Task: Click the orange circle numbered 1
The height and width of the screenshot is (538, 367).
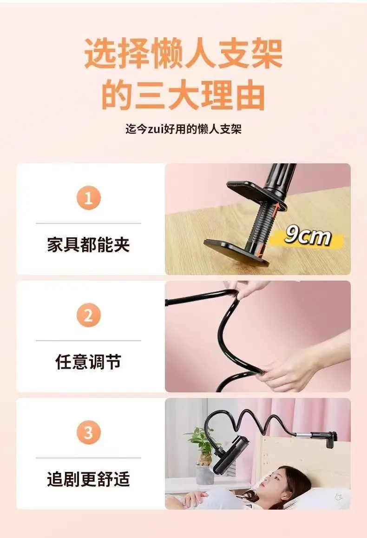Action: coord(89,198)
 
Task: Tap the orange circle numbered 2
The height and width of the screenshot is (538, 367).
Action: coord(89,315)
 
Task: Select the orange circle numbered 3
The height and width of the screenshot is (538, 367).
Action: coord(89,432)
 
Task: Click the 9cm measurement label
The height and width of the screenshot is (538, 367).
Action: coord(308,236)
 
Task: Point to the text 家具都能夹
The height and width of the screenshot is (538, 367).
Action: coord(88,245)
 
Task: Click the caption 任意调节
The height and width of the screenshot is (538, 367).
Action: coord(88,362)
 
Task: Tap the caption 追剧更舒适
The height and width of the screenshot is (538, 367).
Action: coord(88,479)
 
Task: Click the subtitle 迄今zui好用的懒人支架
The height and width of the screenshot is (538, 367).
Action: coord(183,129)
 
